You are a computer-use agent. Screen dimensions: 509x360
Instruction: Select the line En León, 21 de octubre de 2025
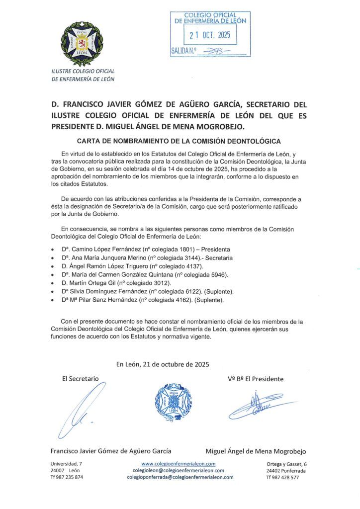coord(163,364)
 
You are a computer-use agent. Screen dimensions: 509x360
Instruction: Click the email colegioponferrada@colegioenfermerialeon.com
coord(180,477)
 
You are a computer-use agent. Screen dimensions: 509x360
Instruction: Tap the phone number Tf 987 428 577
coord(282,477)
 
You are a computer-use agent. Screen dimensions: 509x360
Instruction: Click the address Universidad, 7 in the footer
coord(66,463)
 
